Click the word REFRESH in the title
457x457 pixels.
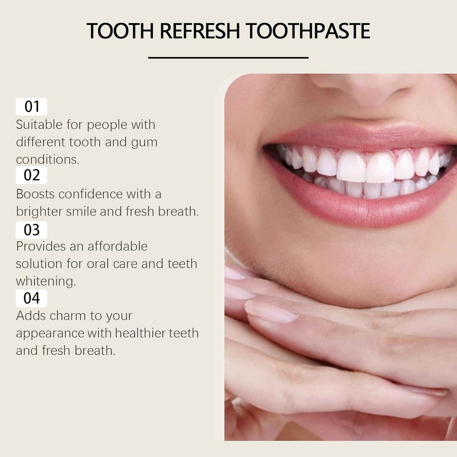click(x=200, y=31)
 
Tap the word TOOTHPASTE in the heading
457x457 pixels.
click(x=308, y=31)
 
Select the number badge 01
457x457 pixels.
click(x=31, y=107)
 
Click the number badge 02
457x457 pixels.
click(x=31, y=175)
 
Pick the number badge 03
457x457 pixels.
click(x=31, y=230)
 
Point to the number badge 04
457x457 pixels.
click(x=31, y=298)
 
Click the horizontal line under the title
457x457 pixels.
click(x=228, y=58)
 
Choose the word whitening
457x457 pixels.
click(x=46, y=281)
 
